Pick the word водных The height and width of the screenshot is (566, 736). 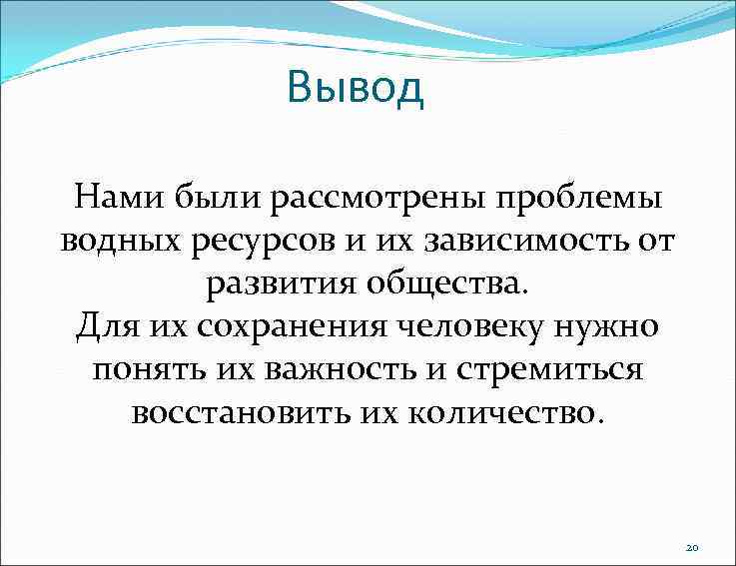point(116,241)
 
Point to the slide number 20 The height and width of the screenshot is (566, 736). point(693,547)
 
